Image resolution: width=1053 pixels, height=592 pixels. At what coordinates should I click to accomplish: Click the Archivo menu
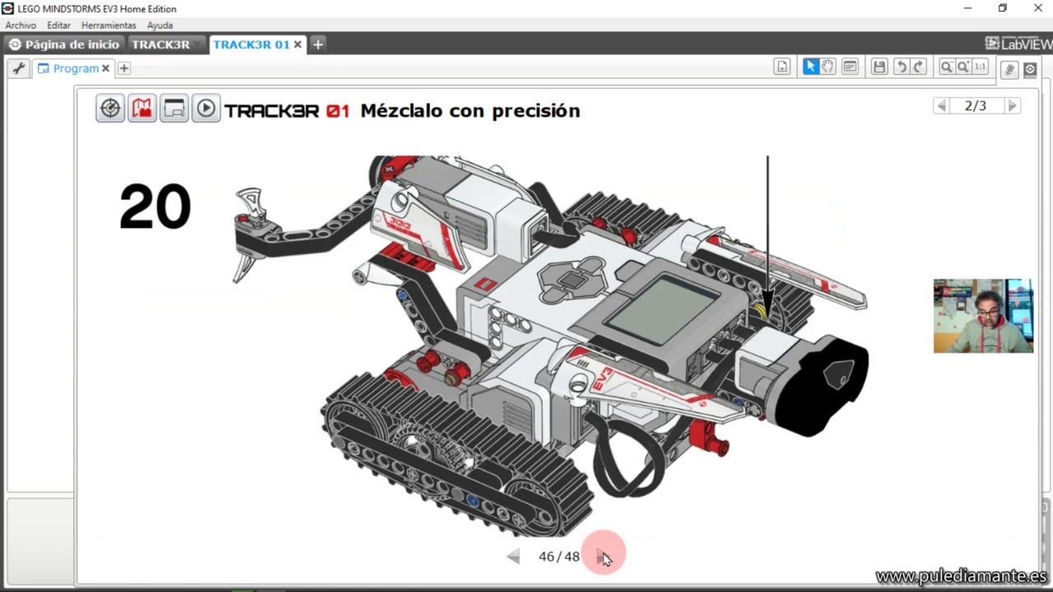(21, 25)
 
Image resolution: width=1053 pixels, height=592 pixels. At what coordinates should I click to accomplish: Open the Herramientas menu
(109, 25)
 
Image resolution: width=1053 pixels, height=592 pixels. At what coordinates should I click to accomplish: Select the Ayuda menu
(160, 25)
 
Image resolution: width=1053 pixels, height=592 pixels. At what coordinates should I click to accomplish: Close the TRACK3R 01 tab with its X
(298, 44)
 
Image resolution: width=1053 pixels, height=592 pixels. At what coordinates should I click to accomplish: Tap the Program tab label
(76, 68)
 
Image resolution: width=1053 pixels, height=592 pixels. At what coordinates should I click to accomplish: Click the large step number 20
(155, 206)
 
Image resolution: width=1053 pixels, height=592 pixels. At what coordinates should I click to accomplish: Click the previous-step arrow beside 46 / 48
(513, 557)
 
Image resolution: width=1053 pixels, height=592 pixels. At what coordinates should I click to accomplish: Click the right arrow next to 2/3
(1013, 106)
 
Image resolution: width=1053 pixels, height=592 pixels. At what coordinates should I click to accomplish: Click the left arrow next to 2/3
(941, 106)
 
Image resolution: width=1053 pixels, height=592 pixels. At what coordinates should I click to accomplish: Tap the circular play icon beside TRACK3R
(206, 109)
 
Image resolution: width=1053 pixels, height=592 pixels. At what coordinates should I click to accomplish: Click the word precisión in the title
(536, 110)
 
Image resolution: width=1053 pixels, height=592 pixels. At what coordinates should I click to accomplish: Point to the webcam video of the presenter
(983, 316)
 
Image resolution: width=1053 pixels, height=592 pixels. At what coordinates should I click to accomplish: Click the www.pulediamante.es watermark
(961, 576)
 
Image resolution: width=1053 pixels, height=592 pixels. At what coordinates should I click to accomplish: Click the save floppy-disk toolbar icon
(879, 67)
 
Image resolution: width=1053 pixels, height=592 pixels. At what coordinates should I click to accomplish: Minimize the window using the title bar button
(967, 8)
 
